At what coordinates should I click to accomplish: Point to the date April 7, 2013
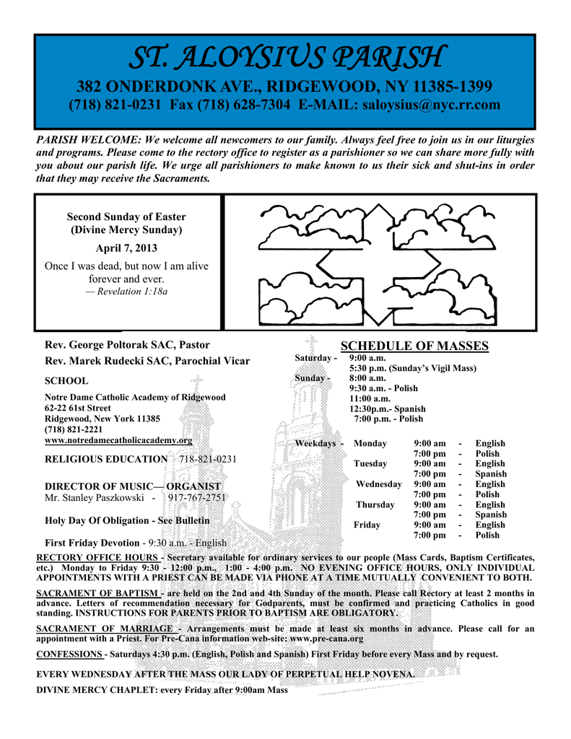(x=126, y=248)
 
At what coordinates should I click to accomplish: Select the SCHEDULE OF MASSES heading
(x=414, y=346)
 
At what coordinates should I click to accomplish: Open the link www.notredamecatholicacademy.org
(x=118, y=440)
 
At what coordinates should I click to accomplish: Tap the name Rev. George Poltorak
(x=98, y=344)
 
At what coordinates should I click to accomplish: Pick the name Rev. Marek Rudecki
(x=97, y=361)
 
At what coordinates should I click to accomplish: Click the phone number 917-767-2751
(x=197, y=497)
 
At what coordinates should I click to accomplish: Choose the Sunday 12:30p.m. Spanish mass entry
(x=387, y=408)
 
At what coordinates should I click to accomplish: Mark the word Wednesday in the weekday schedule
(x=379, y=484)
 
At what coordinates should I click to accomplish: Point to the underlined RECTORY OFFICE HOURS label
(x=97, y=558)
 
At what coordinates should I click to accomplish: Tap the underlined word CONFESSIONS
(x=69, y=654)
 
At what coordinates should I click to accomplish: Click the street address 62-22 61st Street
(x=78, y=408)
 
